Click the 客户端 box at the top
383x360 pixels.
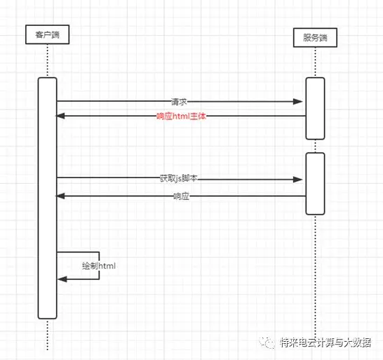tap(48, 34)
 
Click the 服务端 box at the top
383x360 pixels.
tap(315, 38)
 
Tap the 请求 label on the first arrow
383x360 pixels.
tap(179, 102)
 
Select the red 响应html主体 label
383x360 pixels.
tap(181, 116)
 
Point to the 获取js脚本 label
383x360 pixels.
tap(178, 178)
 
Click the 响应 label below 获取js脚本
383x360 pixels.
tap(181, 196)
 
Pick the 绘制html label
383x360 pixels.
tap(99, 266)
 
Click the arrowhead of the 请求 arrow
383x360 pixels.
tap(297, 102)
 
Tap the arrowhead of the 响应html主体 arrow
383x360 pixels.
tap(60, 116)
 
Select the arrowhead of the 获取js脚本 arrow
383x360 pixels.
tap(297, 180)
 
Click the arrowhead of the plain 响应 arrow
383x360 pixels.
tap(60, 196)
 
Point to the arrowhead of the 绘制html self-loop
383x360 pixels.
tap(62, 279)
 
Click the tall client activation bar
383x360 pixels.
tap(48, 198)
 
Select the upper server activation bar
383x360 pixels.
tap(315, 109)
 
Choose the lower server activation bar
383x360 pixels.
tap(315, 184)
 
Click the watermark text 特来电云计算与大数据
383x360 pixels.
tap(325, 342)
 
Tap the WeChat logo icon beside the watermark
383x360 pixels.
tap(267, 342)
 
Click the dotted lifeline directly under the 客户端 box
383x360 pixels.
tap(48, 61)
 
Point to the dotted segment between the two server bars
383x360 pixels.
tap(316, 146)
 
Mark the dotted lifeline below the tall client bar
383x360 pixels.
tap(48, 335)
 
